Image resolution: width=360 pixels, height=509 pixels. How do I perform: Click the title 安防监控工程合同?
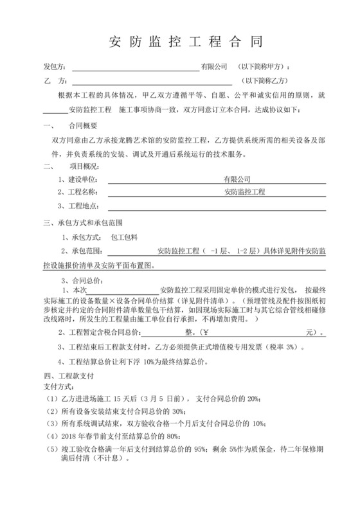pos(181,42)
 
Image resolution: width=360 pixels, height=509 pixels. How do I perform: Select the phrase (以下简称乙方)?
pos(265,82)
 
